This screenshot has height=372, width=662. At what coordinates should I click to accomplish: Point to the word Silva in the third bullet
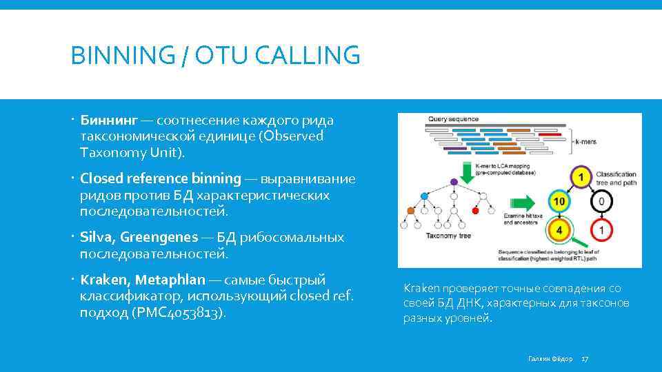pyautogui.click(x=97, y=237)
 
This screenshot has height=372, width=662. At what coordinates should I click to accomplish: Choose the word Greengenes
pyautogui.click(x=159, y=237)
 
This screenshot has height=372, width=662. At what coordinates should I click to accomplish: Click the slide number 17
pyautogui.click(x=585, y=359)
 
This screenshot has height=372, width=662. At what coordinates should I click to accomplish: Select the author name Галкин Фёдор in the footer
pyautogui.click(x=550, y=359)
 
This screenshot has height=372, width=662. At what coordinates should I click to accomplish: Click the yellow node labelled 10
pyautogui.click(x=559, y=202)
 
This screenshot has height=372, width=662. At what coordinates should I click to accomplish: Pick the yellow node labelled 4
pyautogui.click(x=559, y=229)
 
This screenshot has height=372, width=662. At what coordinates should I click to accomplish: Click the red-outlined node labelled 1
pyautogui.click(x=601, y=230)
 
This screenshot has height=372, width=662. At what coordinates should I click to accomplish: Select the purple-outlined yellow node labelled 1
pyautogui.click(x=581, y=178)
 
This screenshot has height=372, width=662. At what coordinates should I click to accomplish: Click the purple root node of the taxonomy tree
pyautogui.click(x=454, y=182)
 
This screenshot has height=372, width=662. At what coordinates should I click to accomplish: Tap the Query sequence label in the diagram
pyautogui.click(x=453, y=119)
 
